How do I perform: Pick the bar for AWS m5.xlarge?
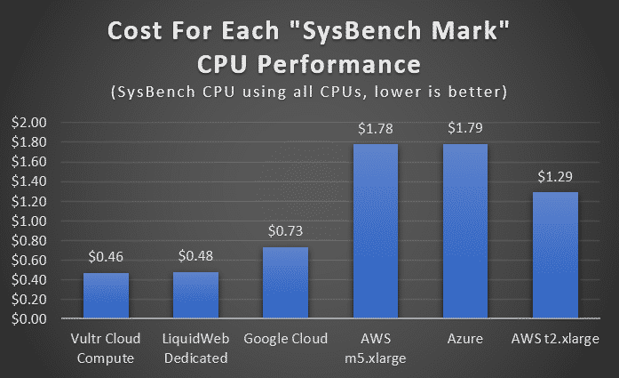374,230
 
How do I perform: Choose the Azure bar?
463,230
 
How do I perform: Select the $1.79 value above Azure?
463,129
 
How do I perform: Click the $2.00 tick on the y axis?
33,122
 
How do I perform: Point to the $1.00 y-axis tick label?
33,221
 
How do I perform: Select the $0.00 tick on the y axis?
33,318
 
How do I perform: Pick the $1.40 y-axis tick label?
33,181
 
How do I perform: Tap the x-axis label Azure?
463,339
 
